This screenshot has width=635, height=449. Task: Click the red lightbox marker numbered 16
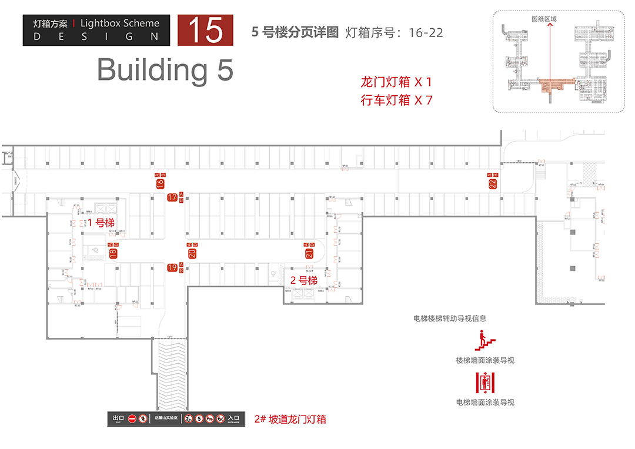(x=160, y=183)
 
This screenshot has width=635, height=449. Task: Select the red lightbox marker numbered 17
(x=172, y=197)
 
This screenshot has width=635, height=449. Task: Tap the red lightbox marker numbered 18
(x=113, y=253)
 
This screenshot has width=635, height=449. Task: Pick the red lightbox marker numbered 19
(x=172, y=268)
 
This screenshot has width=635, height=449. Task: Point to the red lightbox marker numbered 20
(x=192, y=253)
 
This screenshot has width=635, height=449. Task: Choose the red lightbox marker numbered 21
(x=309, y=253)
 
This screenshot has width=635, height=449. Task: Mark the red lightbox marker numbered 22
(x=492, y=183)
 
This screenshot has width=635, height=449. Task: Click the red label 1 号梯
(x=101, y=223)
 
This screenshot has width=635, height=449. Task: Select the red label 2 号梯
(x=304, y=280)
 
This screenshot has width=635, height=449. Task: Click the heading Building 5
(x=165, y=70)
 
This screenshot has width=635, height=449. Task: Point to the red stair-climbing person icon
(x=484, y=340)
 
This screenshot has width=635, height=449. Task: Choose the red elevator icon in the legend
(x=484, y=383)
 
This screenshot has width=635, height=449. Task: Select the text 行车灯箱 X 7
(x=396, y=100)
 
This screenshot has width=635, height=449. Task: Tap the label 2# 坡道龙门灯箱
(x=290, y=419)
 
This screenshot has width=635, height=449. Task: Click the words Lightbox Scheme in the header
(x=119, y=24)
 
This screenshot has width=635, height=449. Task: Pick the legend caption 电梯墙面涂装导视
(x=484, y=403)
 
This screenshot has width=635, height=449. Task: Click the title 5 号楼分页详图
(x=295, y=32)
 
